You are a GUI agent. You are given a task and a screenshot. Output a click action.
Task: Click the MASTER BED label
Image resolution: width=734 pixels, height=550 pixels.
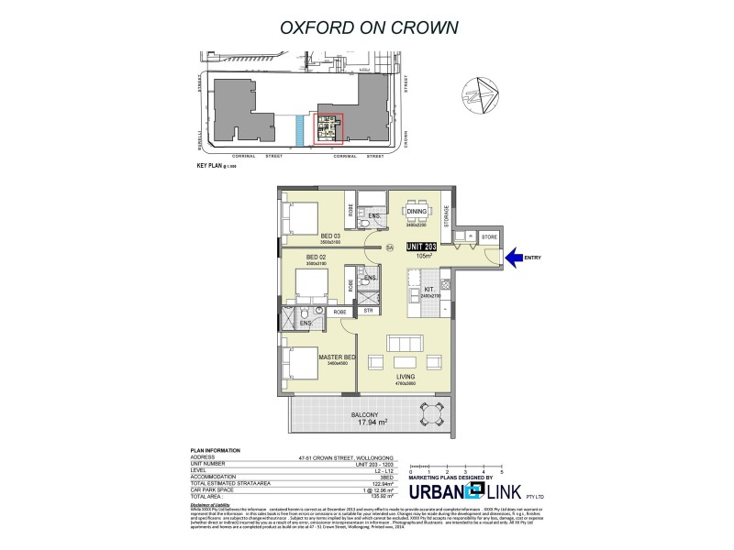click(331, 357)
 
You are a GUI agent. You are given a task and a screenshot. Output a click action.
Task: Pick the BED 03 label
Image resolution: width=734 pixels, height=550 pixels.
click(330, 236)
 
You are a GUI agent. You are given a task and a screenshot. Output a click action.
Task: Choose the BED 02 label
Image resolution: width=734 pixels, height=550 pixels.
click(317, 257)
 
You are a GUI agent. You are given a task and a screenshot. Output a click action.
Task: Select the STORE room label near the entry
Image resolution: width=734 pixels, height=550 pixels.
click(487, 237)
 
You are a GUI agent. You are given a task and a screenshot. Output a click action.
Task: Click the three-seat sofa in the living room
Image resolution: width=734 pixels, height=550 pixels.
click(406, 344)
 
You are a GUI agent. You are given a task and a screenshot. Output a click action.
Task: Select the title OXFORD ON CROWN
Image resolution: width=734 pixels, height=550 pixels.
click(367, 27)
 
